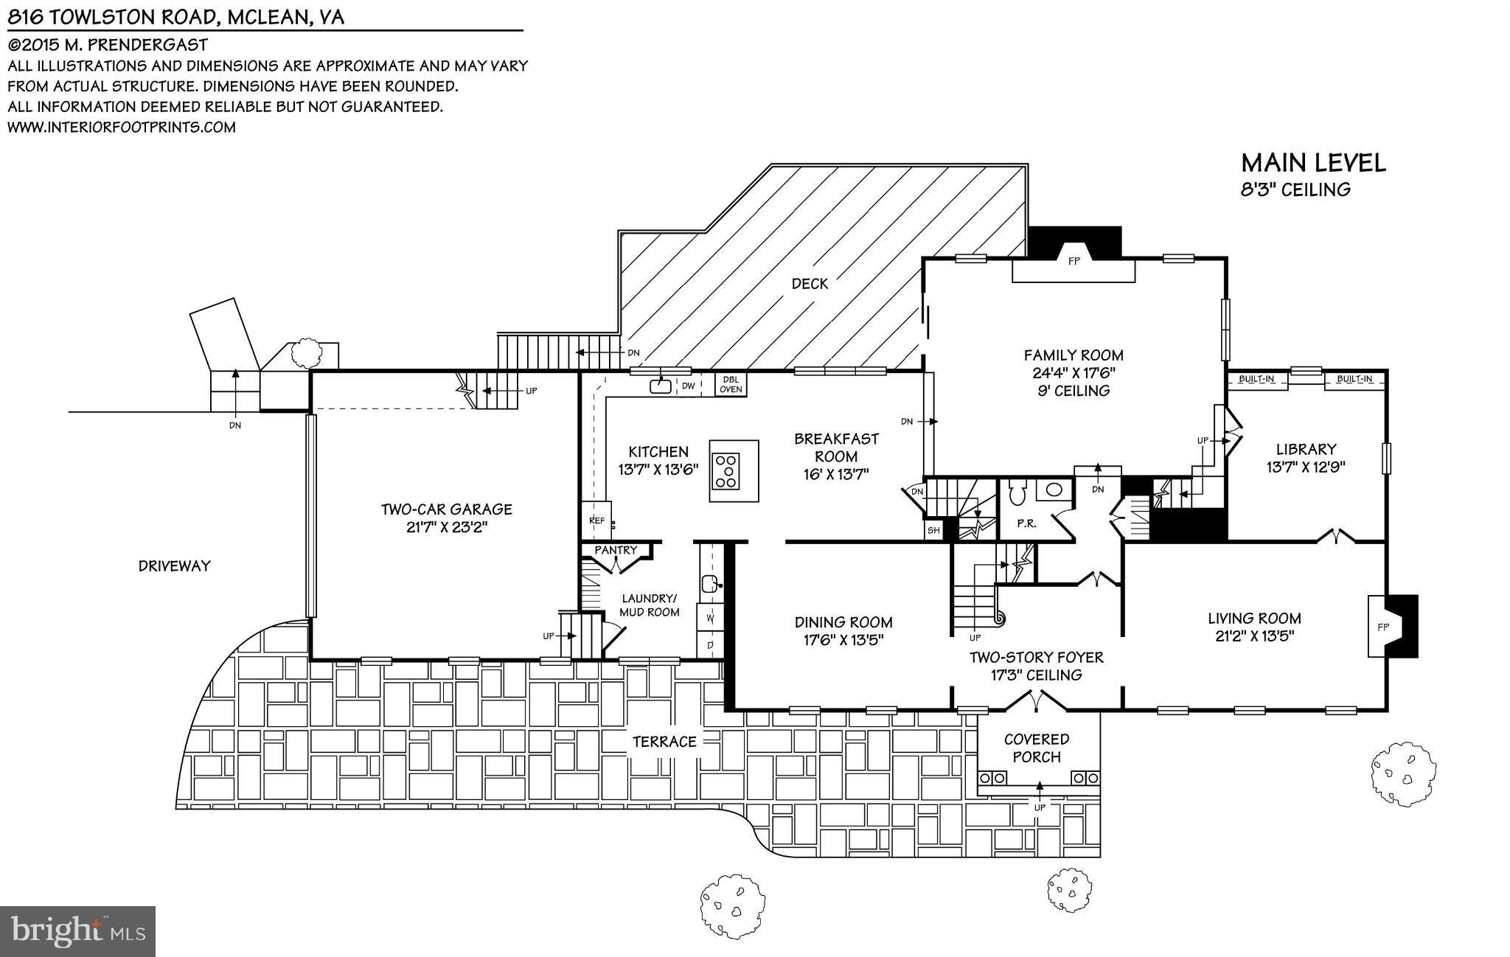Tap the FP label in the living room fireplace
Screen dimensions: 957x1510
pos(1382,627)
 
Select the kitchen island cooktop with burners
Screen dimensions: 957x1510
pos(727,471)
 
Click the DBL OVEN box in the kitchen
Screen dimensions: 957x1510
pos(731,384)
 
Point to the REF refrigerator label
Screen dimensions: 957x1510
pos(596,521)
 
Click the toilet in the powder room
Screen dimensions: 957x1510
pos(1017,492)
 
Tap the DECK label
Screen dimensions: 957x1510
pos(810,283)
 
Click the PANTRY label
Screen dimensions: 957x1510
pos(616,550)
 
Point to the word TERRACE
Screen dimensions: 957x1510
pos(664,742)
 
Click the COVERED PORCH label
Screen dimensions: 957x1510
pos(1036,748)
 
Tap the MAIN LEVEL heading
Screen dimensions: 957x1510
pos(1313,163)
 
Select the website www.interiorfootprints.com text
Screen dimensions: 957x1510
pos(122,127)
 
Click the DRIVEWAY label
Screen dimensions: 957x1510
pos(174,565)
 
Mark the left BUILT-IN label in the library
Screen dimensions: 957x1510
pos(1256,379)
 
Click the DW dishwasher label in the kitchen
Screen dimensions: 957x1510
pos(687,386)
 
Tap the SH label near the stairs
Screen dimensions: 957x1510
pos(933,529)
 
